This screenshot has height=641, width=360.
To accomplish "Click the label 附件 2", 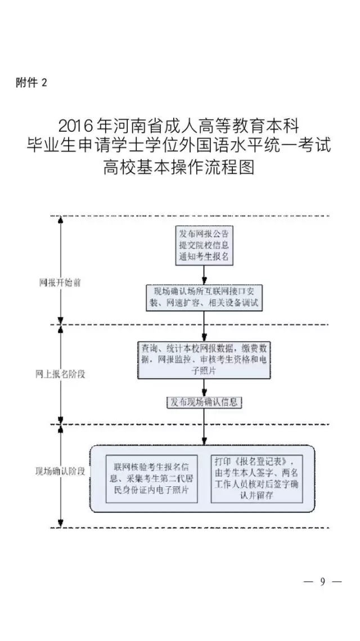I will [x=31, y=83].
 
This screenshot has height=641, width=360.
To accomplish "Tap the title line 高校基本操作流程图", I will [x=179, y=167].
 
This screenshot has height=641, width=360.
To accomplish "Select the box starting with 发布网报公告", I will [x=204, y=245].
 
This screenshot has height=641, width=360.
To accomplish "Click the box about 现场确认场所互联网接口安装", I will [x=204, y=297].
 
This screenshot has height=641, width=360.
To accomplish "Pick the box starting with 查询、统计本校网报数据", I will [x=203, y=359].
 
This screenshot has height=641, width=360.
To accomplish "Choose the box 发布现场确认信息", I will [x=204, y=402].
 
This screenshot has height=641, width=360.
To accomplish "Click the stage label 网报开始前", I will [x=60, y=283].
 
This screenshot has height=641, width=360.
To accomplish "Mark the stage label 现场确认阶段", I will [x=60, y=470].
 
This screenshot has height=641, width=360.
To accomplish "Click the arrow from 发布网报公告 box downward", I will [x=204, y=274].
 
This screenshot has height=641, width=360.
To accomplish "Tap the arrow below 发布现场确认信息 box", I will [x=204, y=426].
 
